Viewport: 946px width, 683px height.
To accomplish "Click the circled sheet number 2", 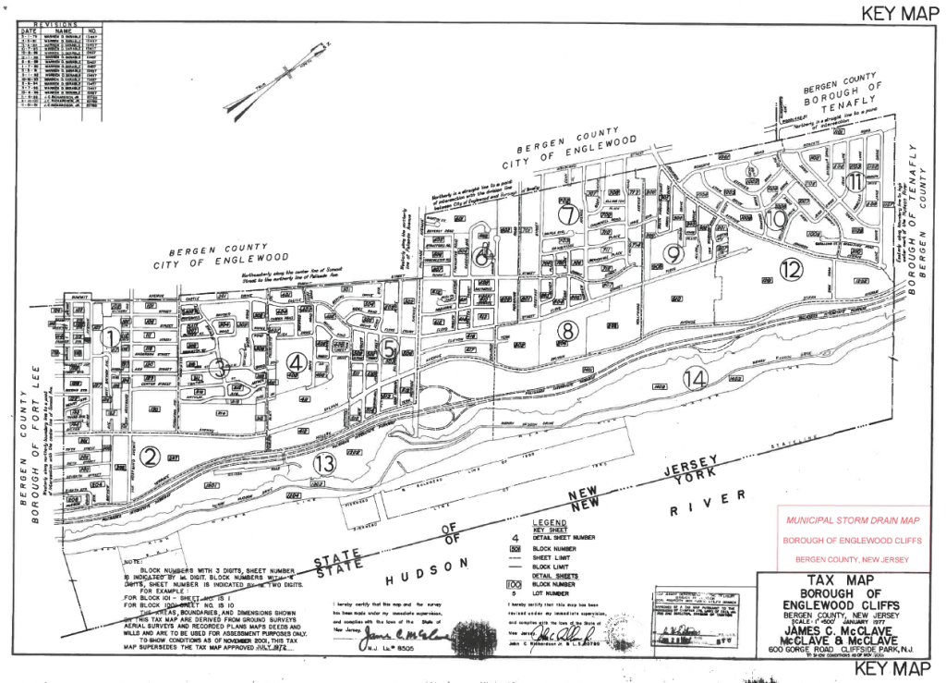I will click(152, 455).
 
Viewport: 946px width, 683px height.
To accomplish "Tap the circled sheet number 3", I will click(218, 368).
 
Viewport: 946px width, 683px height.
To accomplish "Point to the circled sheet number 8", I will click(567, 330).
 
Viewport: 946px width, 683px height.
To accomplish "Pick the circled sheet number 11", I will click(856, 181).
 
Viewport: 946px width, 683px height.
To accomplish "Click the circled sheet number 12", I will click(791, 269).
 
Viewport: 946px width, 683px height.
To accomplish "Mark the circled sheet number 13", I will click(323, 465).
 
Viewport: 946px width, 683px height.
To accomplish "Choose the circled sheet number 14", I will click(696, 377).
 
